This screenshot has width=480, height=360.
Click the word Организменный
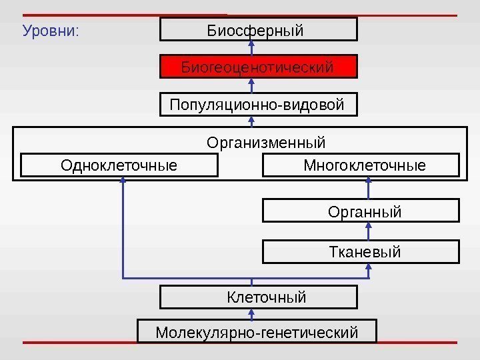pos(266,142)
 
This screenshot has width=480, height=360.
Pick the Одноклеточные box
pos(119,165)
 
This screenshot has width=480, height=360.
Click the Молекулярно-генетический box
pos(257,331)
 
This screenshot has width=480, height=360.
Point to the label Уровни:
pos(51,31)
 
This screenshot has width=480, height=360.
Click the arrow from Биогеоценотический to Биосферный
pos(252,48)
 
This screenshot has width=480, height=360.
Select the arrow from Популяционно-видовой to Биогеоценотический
pos(252,86)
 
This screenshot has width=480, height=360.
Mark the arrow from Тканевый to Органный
pos(369,232)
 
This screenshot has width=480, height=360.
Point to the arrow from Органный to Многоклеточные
pos(369,189)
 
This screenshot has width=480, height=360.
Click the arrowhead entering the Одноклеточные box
pos(123,181)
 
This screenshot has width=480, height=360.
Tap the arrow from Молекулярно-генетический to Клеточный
pos(252,314)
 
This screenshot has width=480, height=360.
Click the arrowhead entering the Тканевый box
pos(369,267)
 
